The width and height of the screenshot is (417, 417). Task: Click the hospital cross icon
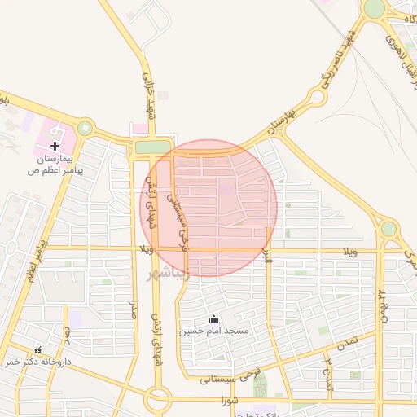(x=55, y=145)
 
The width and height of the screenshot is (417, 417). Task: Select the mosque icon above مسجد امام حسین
(x=214, y=318)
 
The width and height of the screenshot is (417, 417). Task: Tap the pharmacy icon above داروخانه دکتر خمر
(x=37, y=349)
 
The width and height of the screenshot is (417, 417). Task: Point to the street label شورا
(x=229, y=401)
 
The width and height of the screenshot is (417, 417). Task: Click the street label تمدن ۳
(x=329, y=371)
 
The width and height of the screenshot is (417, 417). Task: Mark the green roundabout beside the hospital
(x=85, y=128)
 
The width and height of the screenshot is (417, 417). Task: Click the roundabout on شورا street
(x=159, y=399)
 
